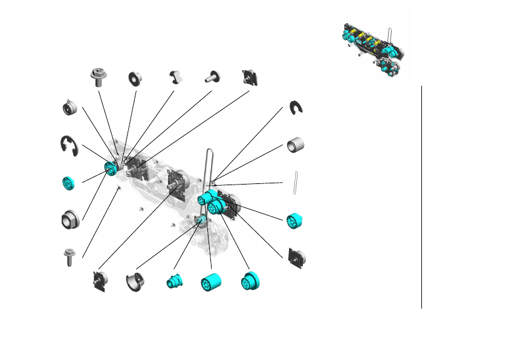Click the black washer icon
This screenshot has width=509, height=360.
coord(134,78)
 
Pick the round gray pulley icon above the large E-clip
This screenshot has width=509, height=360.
coord(71,108)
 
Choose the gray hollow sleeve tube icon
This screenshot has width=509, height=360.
coord(295,146)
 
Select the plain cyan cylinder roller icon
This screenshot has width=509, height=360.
coord(211,283)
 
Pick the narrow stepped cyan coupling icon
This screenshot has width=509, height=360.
coord(174,281)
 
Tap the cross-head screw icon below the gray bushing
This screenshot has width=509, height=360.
coord(70,257)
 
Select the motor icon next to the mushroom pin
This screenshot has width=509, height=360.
coord(250,77)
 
